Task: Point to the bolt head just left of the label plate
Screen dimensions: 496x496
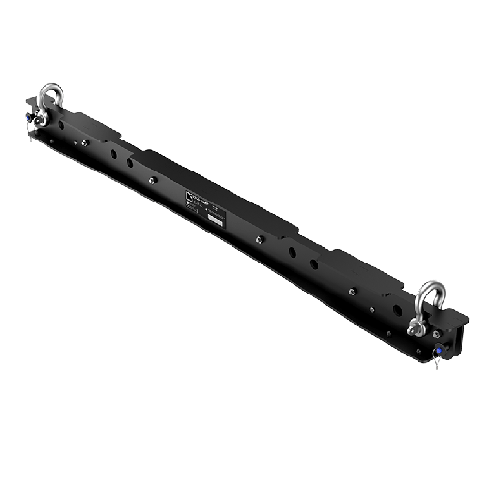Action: pos(152,177)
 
